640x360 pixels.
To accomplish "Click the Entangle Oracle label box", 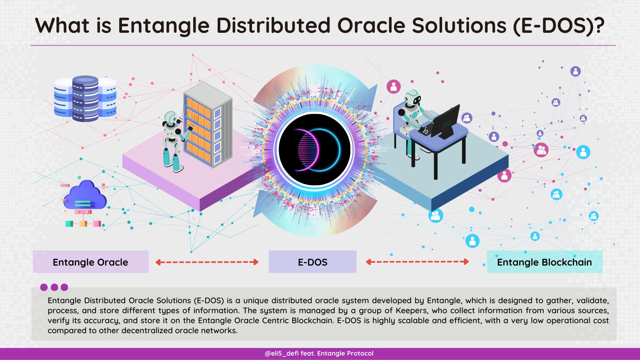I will [x=90, y=262].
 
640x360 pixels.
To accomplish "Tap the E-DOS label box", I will [x=312, y=262].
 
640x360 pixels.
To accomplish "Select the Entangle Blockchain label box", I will [x=544, y=262].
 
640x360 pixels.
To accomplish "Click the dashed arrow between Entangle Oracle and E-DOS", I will [x=207, y=262].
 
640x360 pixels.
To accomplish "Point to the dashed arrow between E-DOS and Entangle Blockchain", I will [x=417, y=262].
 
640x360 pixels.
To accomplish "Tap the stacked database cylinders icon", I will [x=85, y=98].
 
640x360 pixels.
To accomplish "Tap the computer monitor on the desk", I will [x=445, y=120].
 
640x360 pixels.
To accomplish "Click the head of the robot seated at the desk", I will [x=412, y=98].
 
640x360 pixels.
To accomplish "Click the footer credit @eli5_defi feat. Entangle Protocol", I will [x=319, y=353].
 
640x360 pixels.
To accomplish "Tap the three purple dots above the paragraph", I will [x=54, y=287].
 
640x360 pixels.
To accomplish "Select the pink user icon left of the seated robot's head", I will [x=394, y=86].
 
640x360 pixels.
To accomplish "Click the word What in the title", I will [x=62, y=26].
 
